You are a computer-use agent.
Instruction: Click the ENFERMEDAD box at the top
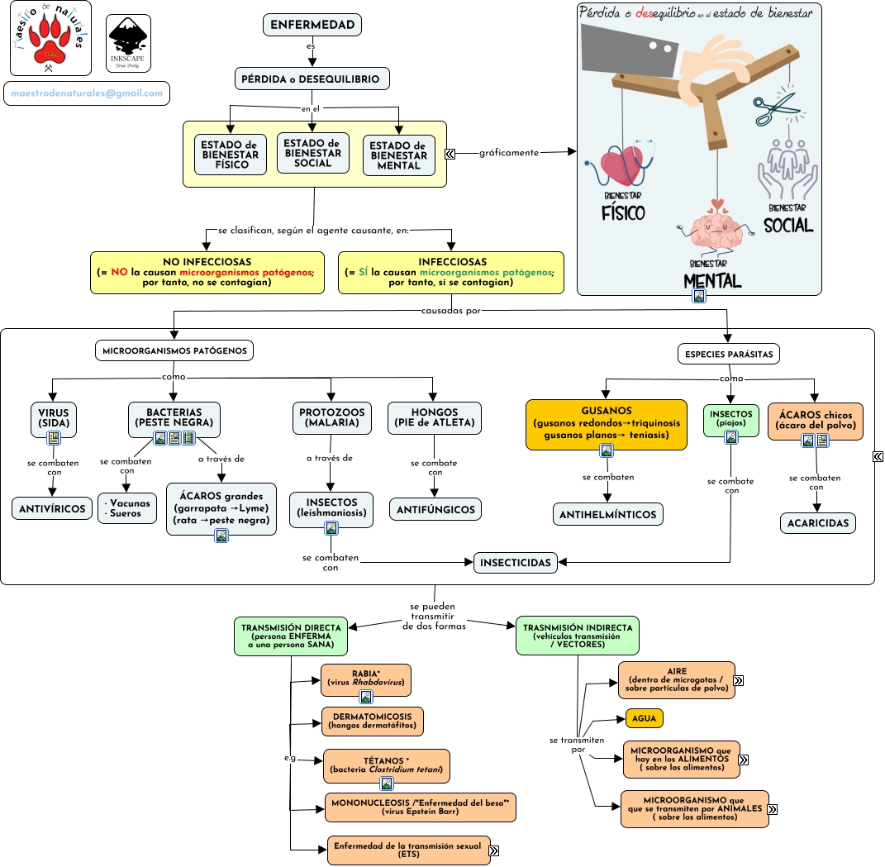tap(312, 25)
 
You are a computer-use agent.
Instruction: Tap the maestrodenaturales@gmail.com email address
tap(87, 93)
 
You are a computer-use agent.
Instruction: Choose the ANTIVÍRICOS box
tap(53, 508)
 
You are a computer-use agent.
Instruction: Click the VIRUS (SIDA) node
tap(54, 417)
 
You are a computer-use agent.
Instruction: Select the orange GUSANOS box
tap(607, 422)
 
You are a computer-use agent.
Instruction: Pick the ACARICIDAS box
tap(817, 523)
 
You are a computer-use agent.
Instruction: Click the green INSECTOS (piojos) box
tap(730, 418)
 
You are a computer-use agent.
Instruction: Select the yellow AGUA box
tap(644, 718)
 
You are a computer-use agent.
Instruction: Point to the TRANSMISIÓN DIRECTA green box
tap(289, 635)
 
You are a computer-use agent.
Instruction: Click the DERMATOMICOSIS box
tap(372, 721)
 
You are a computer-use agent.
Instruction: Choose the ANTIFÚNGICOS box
tap(435, 509)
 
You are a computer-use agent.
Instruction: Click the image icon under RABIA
tap(365, 697)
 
